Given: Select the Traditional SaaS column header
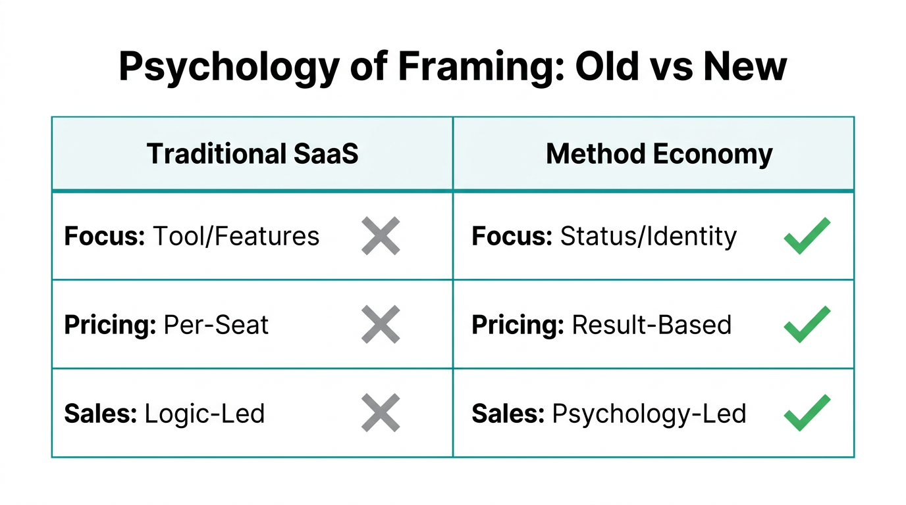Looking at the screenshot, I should [253, 154].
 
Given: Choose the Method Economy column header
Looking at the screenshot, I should [659, 154].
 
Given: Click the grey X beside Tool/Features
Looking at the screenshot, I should [381, 236].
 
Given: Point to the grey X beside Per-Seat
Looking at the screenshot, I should [381, 324].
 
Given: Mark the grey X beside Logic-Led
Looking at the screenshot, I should [381, 413].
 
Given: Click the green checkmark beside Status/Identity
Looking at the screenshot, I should [807, 235].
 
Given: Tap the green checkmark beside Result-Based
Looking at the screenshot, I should [807, 324].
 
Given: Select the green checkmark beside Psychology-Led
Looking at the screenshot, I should [807, 413].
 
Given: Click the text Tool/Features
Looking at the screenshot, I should [236, 236].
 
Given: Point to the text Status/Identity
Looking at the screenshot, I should [648, 236].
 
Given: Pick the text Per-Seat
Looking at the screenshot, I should [216, 325].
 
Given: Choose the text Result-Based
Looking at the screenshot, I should [651, 325].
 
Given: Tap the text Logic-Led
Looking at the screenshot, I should [204, 414].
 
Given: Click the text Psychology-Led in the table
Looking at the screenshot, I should [649, 414].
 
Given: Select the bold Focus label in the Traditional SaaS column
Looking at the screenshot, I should [104, 236].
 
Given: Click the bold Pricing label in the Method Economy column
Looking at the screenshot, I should [518, 325].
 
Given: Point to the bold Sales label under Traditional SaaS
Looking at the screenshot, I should [100, 414].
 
